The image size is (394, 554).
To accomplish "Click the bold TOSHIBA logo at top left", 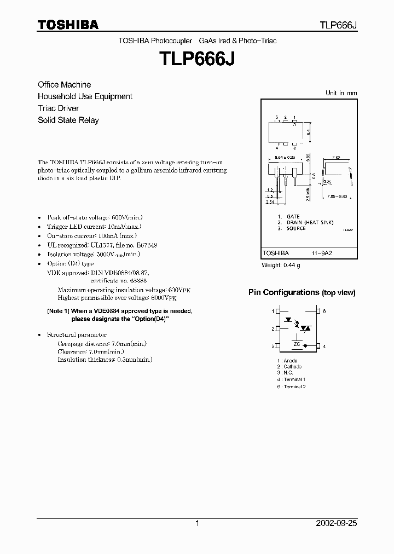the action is (68, 25).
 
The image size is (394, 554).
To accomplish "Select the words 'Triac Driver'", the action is (58, 108).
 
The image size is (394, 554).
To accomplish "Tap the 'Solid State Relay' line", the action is (68, 120).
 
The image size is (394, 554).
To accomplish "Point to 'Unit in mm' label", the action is (341, 93).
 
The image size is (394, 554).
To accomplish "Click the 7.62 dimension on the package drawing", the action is (337, 158).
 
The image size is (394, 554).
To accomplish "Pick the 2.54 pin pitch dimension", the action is (270, 203).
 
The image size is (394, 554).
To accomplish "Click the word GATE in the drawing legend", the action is (293, 217).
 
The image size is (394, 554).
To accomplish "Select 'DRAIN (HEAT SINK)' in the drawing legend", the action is (304, 222).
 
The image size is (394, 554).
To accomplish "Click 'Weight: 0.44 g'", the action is (281, 266).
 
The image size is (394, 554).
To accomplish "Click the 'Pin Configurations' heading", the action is (283, 292).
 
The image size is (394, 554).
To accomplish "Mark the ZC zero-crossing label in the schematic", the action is (297, 344).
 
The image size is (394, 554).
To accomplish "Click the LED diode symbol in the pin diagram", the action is (288, 319).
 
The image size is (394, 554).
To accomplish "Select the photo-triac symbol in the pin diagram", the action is (306, 328).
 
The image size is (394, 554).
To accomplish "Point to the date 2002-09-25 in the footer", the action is (337, 523).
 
